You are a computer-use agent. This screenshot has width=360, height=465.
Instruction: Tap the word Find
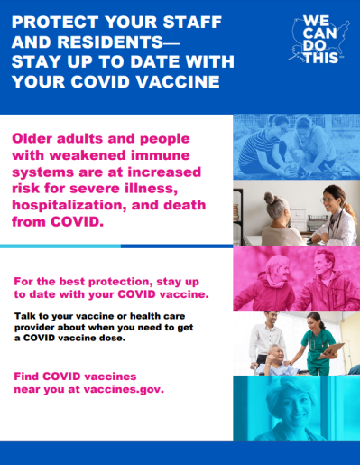(x=28, y=377)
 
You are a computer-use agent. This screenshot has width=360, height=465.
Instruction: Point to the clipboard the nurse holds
(x=336, y=350)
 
